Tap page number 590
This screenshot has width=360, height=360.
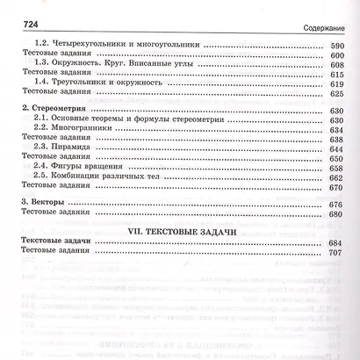click(x=335, y=42)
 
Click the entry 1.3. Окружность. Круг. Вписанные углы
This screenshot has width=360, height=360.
click(x=124, y=62)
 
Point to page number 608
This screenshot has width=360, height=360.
click(x=335, y=62)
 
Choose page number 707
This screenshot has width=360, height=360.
click(x=335, y=252)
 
